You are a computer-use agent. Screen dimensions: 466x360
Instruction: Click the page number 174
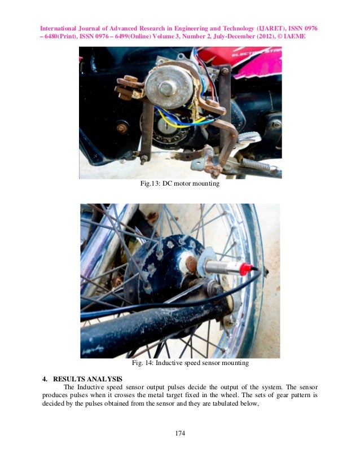180,433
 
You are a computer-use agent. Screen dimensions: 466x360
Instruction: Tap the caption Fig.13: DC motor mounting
179,184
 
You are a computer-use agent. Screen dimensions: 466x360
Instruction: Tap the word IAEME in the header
292,37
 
